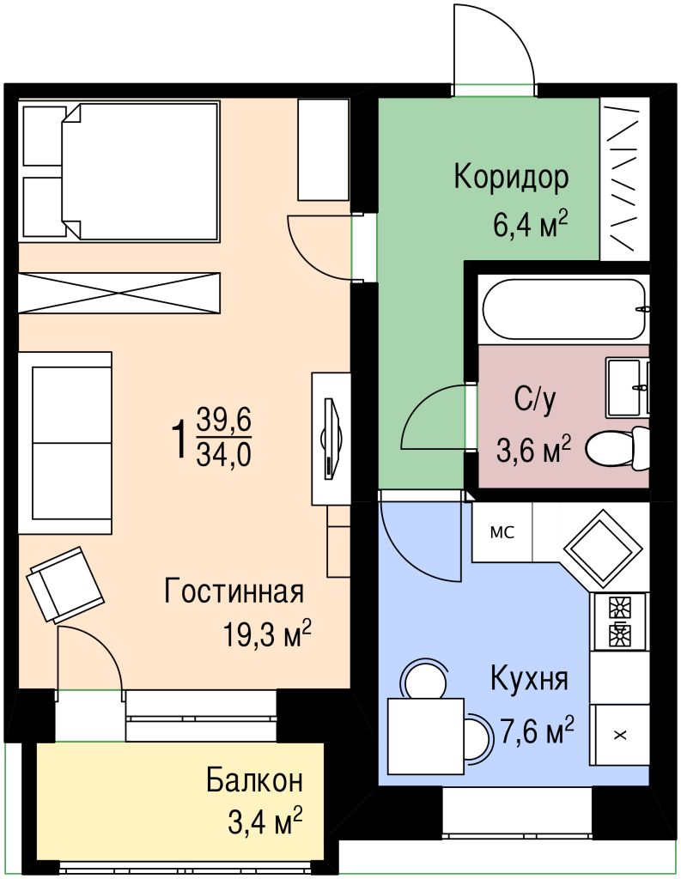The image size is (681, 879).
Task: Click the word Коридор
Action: click(511, 178)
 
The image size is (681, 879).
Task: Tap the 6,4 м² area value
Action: click(530, 226)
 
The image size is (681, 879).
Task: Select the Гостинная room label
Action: click(234, 591)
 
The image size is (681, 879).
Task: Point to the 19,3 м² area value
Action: click(266, 635)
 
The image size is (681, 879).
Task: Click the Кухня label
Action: click(529, 679)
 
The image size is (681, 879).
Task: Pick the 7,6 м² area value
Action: click(537, 732)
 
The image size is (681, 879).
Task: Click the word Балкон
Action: click(254, 781)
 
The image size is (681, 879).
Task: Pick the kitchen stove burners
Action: click(618, 621)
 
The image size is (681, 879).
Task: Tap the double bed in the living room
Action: click(120, 172)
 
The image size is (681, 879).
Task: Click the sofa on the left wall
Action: click(65, 441)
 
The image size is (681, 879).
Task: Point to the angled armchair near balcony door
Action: click(66, 584)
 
